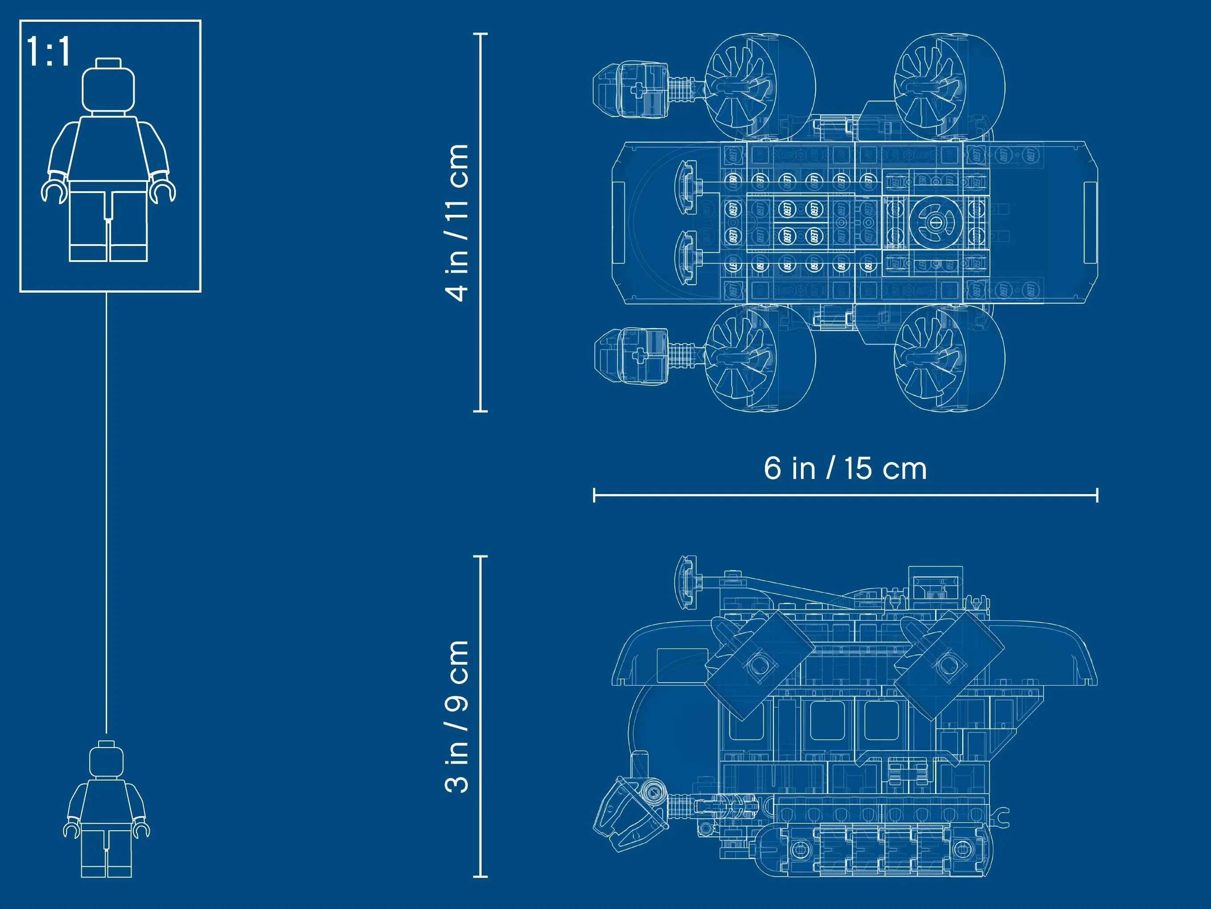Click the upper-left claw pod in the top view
pyautogui.click(x=629, y=89)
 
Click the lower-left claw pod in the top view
pyautogui.click(x=629, y=356)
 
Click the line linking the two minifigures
pyautogui.click(x=106, y=512)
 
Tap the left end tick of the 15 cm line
pyautogui.click(x=594, y=495)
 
